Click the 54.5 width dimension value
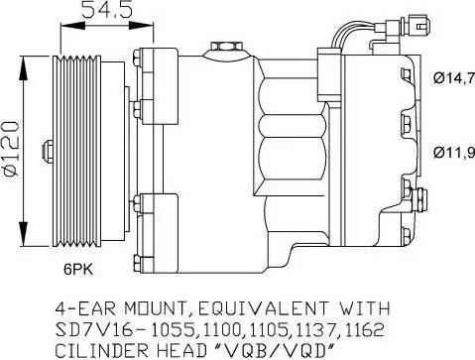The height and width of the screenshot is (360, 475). (x=107, y=9)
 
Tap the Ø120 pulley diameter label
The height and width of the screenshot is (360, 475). (x=10, y=148)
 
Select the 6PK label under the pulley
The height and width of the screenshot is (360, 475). (x=78, y=270)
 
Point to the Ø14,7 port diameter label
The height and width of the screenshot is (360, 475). (x=454, y=78)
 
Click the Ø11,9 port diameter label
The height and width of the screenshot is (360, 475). (x=454, y=152)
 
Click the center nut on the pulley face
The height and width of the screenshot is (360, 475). (x=48, y=151)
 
